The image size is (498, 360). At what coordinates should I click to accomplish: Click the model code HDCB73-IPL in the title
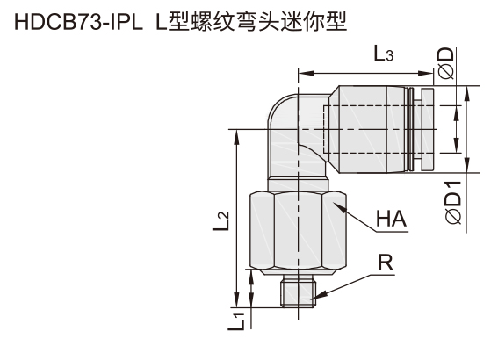tap(78, 23)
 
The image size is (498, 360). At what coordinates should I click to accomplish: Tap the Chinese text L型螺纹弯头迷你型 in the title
tap(251, 22)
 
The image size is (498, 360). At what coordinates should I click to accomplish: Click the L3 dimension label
tap(383, 54)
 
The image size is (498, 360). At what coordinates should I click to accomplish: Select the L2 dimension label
tap(221, 221)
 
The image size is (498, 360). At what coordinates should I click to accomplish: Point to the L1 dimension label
tap(236, 321)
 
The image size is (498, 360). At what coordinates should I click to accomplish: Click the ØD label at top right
tap(446, 63)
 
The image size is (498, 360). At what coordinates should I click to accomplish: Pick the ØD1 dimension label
tap(452, 203)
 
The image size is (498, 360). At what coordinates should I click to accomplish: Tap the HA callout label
tap(391, 219)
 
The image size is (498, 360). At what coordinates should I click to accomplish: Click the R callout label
tap(386, 263)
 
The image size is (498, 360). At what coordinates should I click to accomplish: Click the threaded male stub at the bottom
tap(299, 292)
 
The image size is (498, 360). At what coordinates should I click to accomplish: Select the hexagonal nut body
tap(298, 230)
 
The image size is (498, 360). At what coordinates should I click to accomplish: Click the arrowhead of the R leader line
tap(315, 297)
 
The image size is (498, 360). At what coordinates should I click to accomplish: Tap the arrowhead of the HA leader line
tap(336, 205)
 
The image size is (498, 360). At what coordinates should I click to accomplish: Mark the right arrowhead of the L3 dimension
tap(427, 74)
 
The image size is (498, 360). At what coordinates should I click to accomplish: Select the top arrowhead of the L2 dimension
tap(236, 136)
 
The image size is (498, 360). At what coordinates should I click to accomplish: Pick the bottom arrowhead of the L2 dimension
tap(236, 300)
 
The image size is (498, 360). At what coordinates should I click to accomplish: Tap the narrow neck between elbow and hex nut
tap(298, 184)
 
